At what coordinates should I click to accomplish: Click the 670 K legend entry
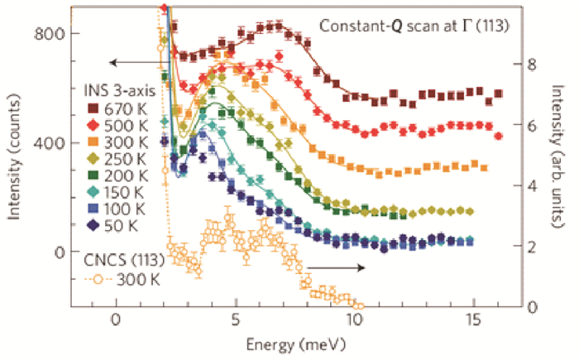pyautogui.click(x=120, y=106)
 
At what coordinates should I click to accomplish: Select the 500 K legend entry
pyautogui.click(x=120, y=123)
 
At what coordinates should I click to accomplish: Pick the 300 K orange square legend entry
pyautogui.click(x=120, y=141)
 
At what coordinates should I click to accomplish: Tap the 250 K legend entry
pyautogui.click(x=120, y=158)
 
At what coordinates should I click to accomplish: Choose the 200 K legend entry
pyautogui.click(x=120, y=175)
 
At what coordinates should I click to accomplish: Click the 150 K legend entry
pyautogui.click(x=120, y=193)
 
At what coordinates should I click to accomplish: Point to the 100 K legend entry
pyautogui.click(x=120, y=210)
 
